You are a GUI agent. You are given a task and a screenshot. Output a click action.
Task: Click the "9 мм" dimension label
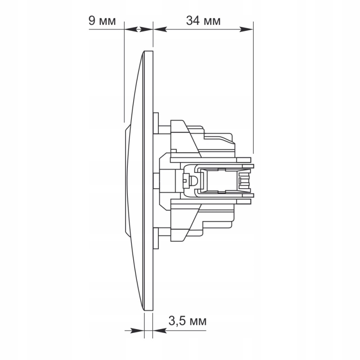tap(102, 21)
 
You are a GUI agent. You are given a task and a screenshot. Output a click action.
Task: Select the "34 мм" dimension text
tap(203, 21)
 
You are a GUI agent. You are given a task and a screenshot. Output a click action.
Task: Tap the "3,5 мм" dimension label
tap(187, 321)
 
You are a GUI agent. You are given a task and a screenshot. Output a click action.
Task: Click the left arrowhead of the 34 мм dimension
tap(160, 29)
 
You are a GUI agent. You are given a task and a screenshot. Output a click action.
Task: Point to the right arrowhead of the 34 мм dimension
tap(246, 29)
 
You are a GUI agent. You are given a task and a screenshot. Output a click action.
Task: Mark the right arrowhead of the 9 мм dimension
tap(146, 29)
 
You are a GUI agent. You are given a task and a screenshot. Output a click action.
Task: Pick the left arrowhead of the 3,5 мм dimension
tap(137, 331)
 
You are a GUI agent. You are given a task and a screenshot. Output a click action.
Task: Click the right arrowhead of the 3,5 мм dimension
tap(160, 331)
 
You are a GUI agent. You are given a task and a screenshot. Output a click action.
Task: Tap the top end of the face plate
tap(148, 51)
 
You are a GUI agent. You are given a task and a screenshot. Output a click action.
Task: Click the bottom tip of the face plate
tap(148, 310)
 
